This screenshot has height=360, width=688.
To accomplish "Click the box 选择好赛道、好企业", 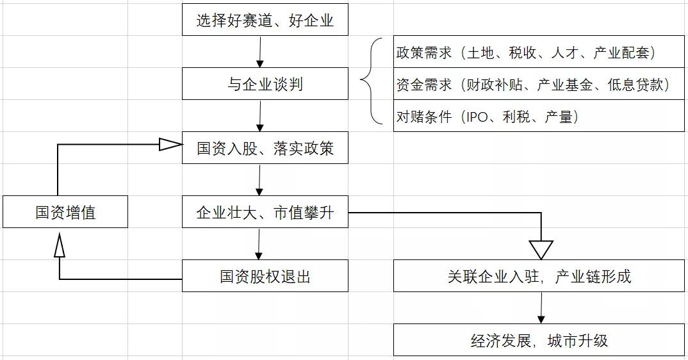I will click(x=265, y=20).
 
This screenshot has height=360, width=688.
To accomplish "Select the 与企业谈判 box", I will click(x=265, y=84).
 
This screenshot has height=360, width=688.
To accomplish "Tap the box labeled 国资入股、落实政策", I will click(x=265, y=148).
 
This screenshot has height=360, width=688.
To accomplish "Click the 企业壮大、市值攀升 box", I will click(x=265, y=212).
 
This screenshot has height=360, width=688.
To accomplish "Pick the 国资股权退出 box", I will click(x=265, y=276).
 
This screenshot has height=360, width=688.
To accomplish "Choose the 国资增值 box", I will click(x=65, y=212).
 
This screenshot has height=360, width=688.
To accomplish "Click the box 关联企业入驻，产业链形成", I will click(x=539, y=276).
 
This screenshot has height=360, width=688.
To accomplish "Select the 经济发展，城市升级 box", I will click(x=539, y=340).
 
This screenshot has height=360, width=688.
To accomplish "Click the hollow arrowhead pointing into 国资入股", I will click(x=170, y=145).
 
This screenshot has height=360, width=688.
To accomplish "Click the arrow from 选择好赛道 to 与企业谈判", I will click(x=260, y=52).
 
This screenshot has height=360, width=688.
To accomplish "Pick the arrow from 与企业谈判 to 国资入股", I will click(x=260, y=116).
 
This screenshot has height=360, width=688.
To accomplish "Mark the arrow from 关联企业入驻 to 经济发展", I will click(x=542, y=308).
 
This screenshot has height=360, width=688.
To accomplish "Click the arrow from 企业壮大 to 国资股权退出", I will click(x=259, y=244).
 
